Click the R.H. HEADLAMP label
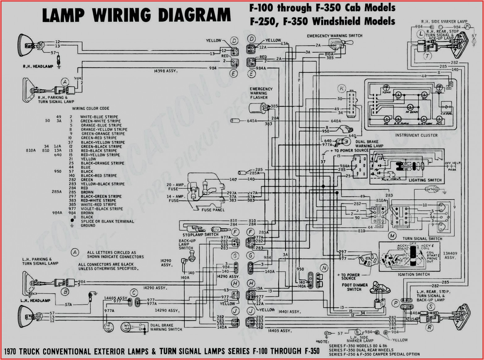pyautogui.click(x=38, y=66)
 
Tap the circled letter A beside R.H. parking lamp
pyautogui.click(x=65, y=82)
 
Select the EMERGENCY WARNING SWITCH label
pyautogui.click(x=334, y=36)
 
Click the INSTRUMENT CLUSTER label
pyautogui.click(x=416, y=135)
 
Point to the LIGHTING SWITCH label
pyautogui.click(x=425, y=180)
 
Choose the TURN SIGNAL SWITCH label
pyautogui.click(x=422, y=239)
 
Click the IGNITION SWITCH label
pyautogui.click(x=414, y=274)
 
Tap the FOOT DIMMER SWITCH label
pyautogui.click(x=355, y=287)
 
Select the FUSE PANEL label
pyautogui.click(x=213, y=210)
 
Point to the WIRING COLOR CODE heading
pyautogui.click(x=91, y=109)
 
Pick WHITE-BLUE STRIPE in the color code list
pyautogui.click(x=99, y=117)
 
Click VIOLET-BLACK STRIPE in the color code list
pyautogui.click(x=102, y=209)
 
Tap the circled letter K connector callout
pyautogui.click(x=342, y=89)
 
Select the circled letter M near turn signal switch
pyautogui.click(x=392, y=236)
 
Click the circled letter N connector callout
pyautogui.click(x=324, y=268)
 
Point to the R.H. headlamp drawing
pyautogui.click(x=25, y=45)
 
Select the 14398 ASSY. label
pyautogui.click(x=166, y=71)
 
